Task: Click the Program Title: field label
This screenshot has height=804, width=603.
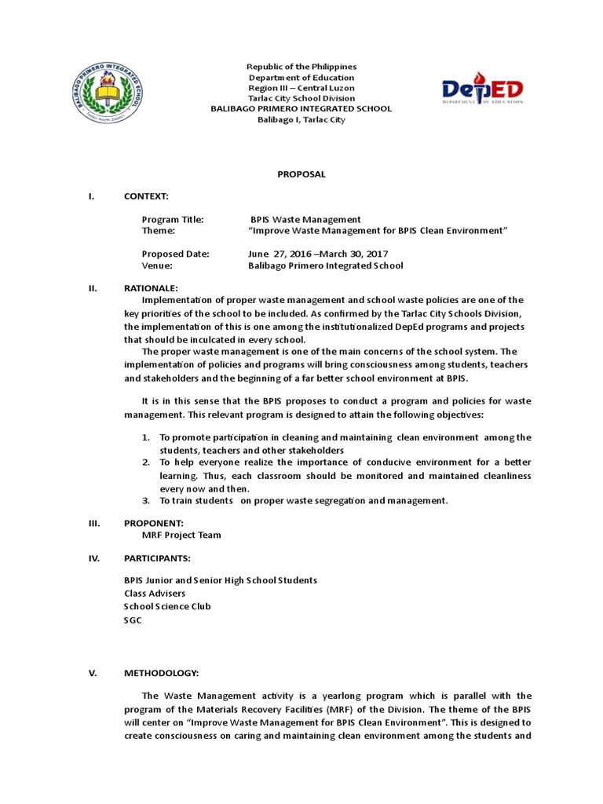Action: click(172, 220)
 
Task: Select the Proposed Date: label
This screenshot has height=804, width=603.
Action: click(175, 254)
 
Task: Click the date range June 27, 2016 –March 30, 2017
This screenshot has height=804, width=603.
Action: click(317, 254)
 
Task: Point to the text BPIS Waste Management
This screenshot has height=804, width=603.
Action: click(305, 220)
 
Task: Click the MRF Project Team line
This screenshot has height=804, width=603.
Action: click(181, 535)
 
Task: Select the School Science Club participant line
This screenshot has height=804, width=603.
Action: click(167, 606)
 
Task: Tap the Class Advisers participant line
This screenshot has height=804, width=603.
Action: click(155, 593)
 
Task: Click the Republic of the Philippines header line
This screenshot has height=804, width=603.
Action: click(301, 67)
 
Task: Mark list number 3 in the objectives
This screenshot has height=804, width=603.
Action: click(146, 500)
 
